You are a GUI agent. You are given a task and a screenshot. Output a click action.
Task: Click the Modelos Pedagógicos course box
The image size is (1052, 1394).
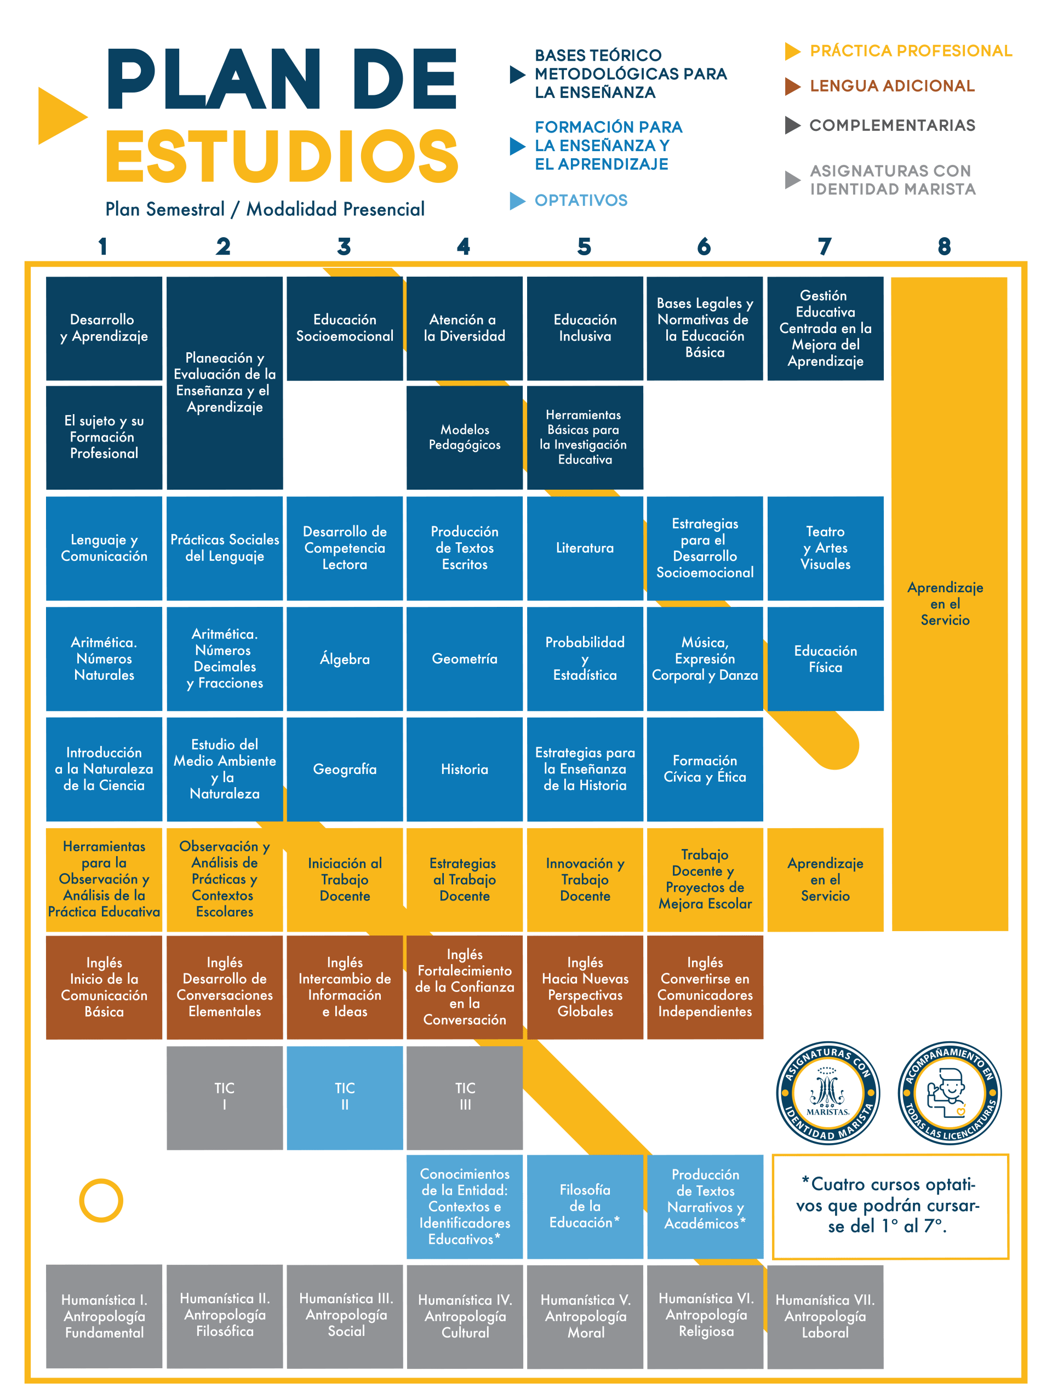465,437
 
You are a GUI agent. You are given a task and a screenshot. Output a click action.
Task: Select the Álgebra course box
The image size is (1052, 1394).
345,658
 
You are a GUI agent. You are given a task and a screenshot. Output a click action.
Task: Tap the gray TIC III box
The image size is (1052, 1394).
465,1097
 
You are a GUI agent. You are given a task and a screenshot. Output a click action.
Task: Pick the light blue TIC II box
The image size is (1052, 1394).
345,1097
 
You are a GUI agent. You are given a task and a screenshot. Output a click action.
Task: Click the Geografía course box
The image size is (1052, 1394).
345,769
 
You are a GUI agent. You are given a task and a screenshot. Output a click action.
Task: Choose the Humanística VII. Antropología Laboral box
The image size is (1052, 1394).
825,1316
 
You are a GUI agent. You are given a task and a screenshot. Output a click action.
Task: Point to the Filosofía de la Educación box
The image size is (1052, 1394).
585,1206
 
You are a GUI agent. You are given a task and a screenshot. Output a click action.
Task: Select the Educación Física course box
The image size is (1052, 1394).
825,658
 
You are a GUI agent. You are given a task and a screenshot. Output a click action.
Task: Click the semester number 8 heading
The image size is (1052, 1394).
944,246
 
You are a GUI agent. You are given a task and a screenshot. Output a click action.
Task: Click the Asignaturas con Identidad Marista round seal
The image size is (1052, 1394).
827,1093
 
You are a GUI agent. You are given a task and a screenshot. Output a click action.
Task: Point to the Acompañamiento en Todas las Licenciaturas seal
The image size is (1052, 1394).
949,1093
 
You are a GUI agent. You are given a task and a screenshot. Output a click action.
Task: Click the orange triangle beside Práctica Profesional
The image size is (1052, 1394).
792,51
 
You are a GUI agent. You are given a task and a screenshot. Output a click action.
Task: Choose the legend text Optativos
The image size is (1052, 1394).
581,200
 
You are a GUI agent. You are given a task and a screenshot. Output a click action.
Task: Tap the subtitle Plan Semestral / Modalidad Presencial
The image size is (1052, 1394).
265,209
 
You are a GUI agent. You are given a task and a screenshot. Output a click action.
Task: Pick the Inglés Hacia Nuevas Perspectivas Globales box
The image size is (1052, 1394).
585,987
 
